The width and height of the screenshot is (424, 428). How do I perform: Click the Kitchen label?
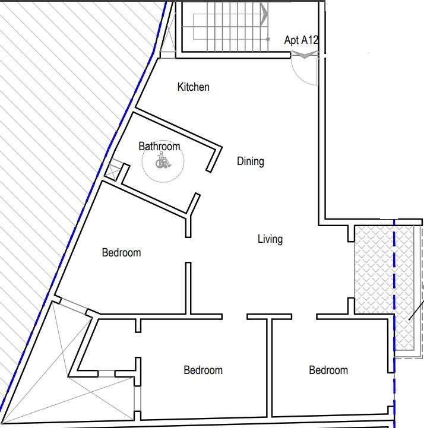194,87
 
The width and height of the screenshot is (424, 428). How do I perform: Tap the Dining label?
251,161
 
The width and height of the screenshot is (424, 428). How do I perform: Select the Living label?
270,239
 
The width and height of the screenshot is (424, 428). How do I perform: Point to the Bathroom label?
159,146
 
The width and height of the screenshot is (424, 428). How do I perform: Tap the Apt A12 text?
301,40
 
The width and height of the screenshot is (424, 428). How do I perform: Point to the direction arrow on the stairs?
264,14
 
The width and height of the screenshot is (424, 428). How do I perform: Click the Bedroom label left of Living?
122,253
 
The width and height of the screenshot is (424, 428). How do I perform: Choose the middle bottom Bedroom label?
203,370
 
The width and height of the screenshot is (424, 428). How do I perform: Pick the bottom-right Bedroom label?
328,370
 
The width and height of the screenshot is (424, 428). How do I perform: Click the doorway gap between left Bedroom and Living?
188,250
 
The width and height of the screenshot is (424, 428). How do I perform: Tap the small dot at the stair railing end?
268,39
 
